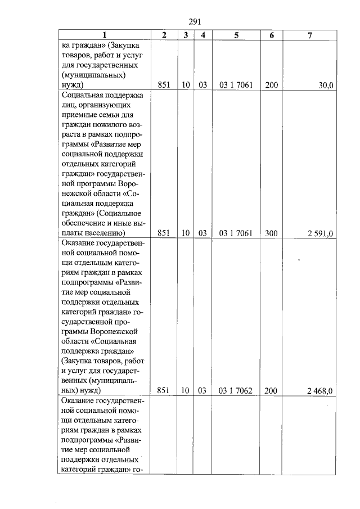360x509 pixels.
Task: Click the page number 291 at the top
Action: coord(195,22)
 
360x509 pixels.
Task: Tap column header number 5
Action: coord(236,35)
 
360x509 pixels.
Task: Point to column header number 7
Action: coord(310,35)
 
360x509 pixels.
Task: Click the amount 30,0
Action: coord(326,85)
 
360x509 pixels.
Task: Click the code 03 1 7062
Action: coord(236,390)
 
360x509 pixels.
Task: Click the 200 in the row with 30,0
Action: coord(272,85)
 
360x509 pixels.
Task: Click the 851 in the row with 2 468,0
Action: coord(164,390)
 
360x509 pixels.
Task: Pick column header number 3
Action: coord(186,35)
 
